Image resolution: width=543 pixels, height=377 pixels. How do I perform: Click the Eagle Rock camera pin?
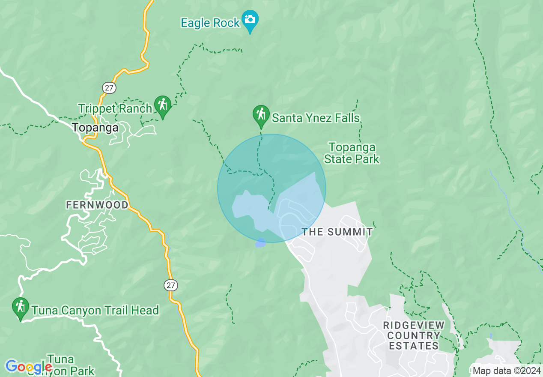(x=250, y=20)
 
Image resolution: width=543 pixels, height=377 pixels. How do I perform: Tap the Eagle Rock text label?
(x=210, y=23)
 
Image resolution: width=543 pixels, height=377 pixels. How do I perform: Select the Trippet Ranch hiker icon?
(x=163, y=105)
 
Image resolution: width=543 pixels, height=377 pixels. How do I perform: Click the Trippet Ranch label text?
(x=115, y=109)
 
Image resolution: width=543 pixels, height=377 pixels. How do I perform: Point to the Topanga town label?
(x=95, y=127)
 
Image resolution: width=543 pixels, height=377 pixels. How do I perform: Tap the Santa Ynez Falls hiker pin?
(x=261, y=115)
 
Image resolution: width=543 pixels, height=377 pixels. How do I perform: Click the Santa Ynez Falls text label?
(x=316, y=118)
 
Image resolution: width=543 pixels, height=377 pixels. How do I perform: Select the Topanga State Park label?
(x=352, y=153)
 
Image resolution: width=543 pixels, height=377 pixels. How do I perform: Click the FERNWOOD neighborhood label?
(x=97, y=205)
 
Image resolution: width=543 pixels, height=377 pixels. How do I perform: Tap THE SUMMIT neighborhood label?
(x=337, y=232)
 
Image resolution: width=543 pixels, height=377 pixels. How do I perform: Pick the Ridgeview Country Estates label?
(x=414, y=335)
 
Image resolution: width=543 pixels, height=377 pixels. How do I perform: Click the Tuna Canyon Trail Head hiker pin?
(x=20, y=308)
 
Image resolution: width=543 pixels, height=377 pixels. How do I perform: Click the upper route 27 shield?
(x=109, y=88)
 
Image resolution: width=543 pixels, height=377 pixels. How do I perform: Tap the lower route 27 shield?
(x=171, y=285)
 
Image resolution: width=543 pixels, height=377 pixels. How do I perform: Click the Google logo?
(x=28, y=366)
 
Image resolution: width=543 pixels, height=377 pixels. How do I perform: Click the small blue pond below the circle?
(x=260, y=243)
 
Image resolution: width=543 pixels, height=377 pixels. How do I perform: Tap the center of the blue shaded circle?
(x=271, y=188)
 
